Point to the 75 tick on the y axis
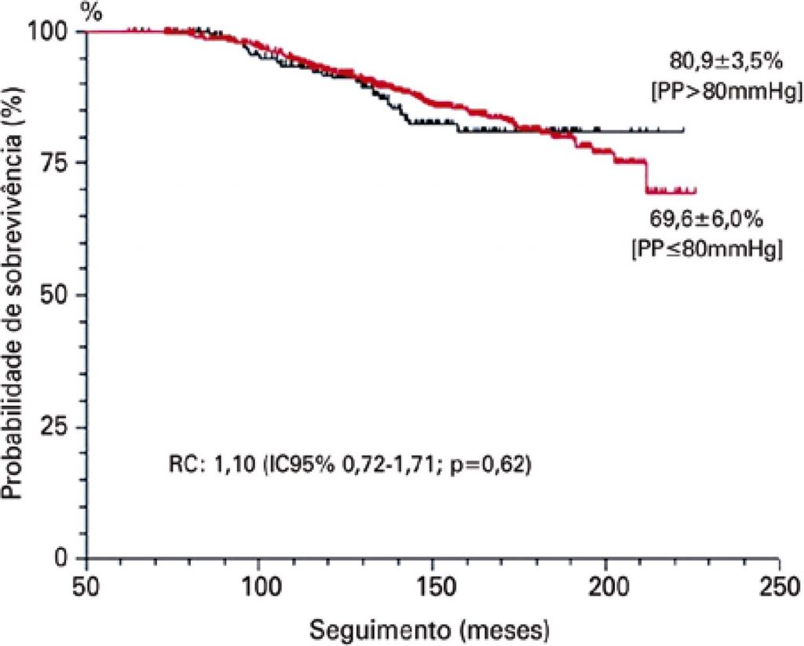click(61, 162)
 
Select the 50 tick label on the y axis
click(61, 294)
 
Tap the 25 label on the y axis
click(61, 427)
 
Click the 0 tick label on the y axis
click(69, 558)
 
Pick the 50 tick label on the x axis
click(86, 586)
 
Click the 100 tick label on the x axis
click(260, 586)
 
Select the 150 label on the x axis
click(433, 586)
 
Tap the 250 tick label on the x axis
click(778, 586)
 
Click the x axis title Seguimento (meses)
click(429, 629)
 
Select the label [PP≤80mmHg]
click(705, 250)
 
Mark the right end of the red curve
click(696, 191)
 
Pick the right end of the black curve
click(684, 130)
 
